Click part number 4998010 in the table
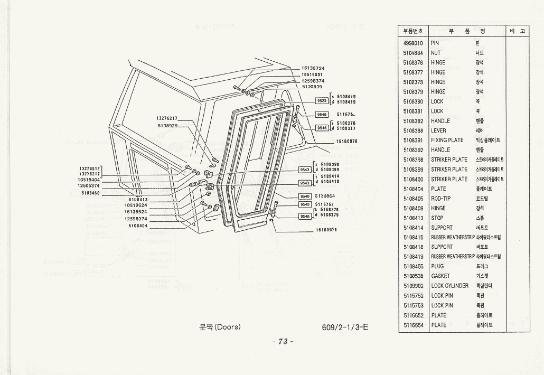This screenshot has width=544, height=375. [412, 43]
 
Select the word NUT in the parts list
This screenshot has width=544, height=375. [436, 53]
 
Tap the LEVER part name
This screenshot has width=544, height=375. [438, 130]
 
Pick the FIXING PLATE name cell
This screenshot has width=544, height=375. [447, 140]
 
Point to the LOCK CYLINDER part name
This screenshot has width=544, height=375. [449, 286]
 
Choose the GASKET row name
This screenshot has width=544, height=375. [440, 276]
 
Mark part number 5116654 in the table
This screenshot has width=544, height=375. [412, 325]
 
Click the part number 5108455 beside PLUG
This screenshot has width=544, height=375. [412, 266]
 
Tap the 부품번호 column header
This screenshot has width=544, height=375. [412, 31]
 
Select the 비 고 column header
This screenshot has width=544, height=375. [518, 31]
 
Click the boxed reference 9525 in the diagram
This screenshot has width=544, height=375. [322, 100]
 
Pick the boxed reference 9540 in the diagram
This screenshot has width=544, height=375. [305, 196]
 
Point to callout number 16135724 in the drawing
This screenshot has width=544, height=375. [313, 68]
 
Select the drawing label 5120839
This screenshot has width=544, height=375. [312, 87]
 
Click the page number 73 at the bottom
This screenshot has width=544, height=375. [282, 342]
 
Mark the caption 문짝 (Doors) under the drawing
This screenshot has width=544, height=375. [220, 327]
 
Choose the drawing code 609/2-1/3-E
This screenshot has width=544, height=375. [345, 327]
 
